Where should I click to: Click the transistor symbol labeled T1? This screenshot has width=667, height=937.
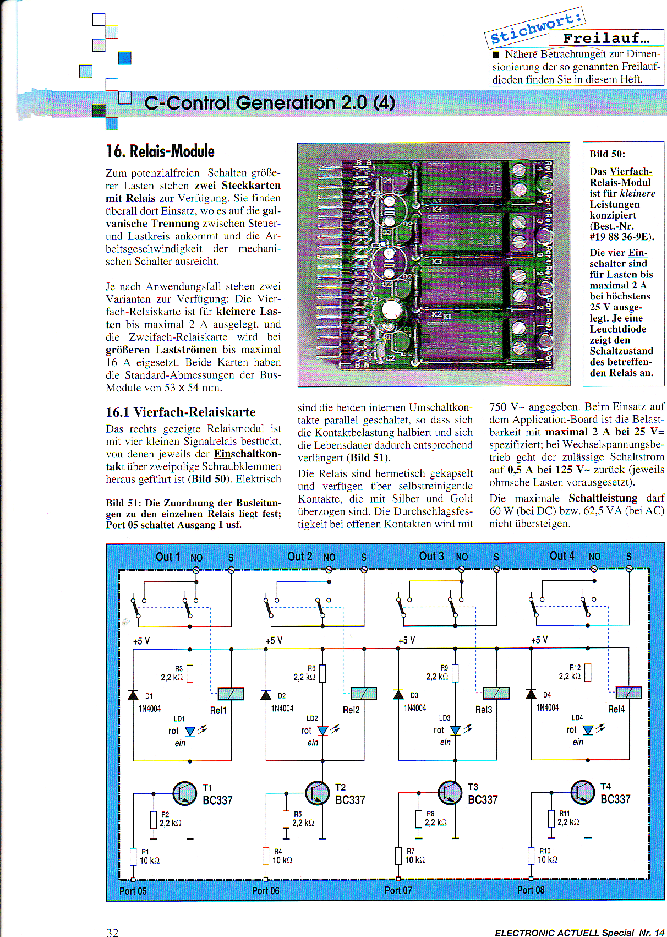click(185, 793)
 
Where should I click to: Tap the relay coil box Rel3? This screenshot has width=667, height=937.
click(496, 693)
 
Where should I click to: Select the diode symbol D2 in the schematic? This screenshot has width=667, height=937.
click(266, 695)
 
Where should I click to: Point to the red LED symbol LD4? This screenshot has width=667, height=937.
click(588, 730)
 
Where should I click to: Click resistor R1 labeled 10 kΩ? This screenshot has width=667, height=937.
click(133, 857)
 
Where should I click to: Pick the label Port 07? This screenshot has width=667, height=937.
click(398, 890)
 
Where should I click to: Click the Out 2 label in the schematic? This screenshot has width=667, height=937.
click(300, 557)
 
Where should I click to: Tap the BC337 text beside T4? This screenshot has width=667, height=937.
click(615, 799)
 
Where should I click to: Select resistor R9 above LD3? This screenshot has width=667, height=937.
click(455, 673)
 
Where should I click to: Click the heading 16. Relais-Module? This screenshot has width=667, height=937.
click(160, 151)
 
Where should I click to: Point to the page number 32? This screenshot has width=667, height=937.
click(112, 931)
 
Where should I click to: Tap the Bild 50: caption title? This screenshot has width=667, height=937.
click(608, 154)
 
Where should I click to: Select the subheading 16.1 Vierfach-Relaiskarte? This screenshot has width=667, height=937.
click(181, 412)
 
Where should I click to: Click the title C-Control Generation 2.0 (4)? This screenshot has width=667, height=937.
click(270, 103)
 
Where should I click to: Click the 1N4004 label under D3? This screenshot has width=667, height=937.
click(415, 708)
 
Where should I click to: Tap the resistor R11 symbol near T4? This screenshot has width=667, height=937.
click(551, 819)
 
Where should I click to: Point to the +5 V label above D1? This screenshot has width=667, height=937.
click(141, 641)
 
